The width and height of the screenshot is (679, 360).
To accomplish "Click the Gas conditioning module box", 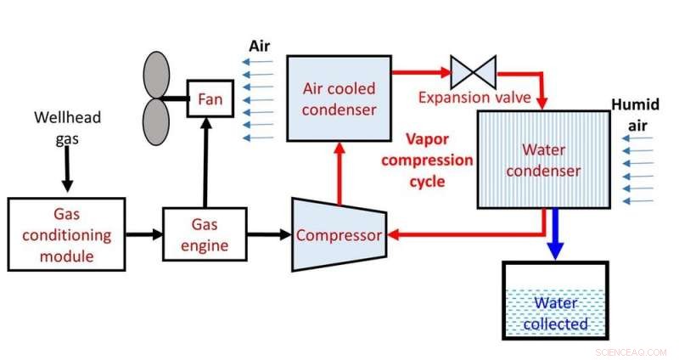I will point(66,234).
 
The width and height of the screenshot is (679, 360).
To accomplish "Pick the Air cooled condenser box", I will point(339,98).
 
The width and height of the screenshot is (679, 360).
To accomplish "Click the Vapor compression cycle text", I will point(439,160).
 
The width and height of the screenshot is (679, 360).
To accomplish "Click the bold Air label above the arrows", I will point(259,43).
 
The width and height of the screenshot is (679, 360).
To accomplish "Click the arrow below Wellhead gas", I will point(65,173).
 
